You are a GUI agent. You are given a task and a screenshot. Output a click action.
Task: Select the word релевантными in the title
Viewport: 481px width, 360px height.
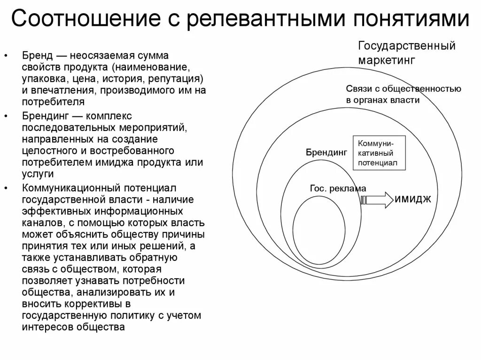pos(256,20)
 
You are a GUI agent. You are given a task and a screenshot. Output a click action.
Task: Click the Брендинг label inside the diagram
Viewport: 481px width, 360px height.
pos(327,153)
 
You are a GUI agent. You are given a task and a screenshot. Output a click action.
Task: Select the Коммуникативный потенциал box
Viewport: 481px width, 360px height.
pos(379,153)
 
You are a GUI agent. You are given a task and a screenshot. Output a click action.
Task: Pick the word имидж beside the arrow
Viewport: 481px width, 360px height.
pos(414,199)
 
